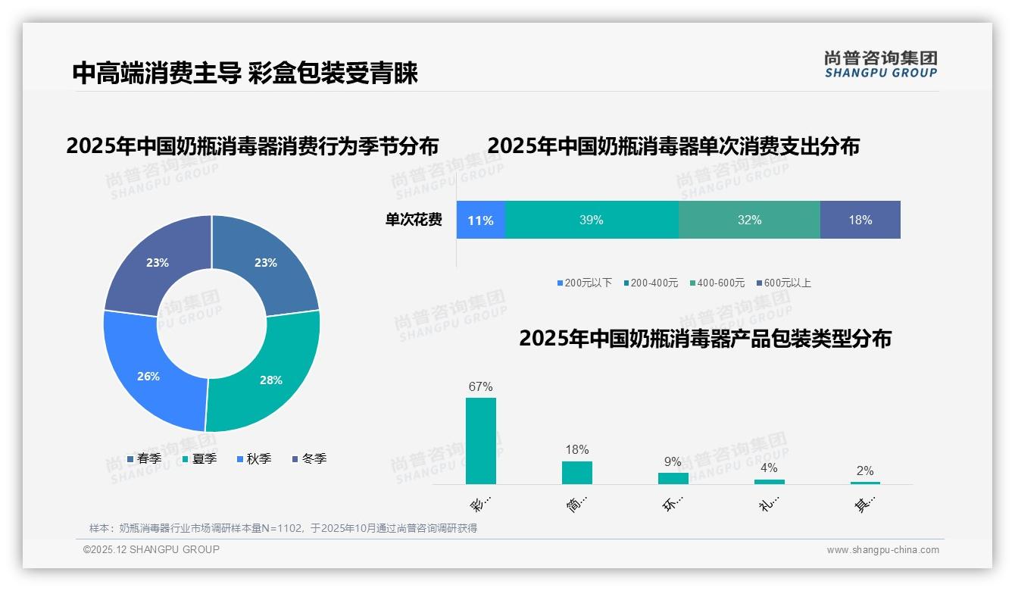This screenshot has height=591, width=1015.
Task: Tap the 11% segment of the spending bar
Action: pos(480,220)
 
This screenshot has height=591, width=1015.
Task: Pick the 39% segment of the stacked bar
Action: pos(591,220)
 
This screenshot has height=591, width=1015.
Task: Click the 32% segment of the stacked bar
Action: pos(749,220)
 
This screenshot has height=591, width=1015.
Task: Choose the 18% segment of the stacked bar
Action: pos(860,220)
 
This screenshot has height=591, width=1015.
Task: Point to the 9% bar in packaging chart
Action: pos(673,478)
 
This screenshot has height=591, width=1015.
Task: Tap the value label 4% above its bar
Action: pos(769,468)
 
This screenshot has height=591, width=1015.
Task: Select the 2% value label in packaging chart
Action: pos(865,471)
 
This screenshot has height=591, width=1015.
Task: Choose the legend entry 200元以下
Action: pos(585,283)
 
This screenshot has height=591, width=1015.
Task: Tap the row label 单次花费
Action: pos(414,220)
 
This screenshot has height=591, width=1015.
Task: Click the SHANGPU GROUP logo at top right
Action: pos(880,64)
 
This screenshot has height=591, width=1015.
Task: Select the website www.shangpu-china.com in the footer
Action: pos(882,550)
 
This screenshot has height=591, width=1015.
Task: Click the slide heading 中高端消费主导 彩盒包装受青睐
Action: pos(245,73)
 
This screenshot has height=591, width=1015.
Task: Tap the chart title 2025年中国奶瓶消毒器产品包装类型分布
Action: pos(704,339)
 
